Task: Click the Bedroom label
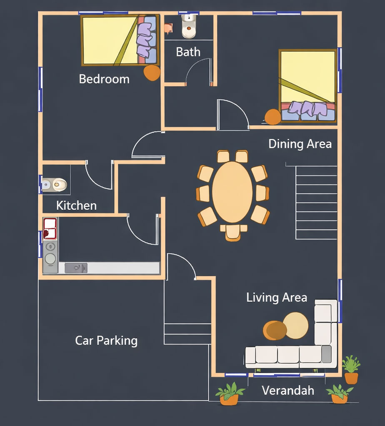(104, 79)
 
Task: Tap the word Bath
(188, 52)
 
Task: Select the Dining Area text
(300, 144)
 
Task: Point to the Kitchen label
(76, 206)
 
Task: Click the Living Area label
(277, 297)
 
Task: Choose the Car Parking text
(106, 341)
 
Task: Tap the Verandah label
(288, 391)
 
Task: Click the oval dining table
(232, 192)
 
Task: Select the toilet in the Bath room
(189, 28)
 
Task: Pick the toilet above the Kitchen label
(56, 184)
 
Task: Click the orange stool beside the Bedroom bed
(152, 72)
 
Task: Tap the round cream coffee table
(296, 325)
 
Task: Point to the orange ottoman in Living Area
(275, 330)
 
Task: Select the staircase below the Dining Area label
(316, 202)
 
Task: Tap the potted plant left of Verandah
(230, 394)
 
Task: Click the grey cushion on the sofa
(327, 354)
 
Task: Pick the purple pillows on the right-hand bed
(308, 109)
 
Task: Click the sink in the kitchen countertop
(76, 268)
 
